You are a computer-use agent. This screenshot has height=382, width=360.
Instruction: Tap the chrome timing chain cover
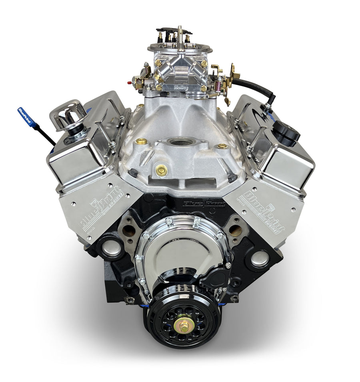182,248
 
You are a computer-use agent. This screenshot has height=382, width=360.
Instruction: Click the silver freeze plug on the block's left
111,249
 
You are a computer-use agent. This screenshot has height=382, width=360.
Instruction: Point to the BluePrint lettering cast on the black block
204,204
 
